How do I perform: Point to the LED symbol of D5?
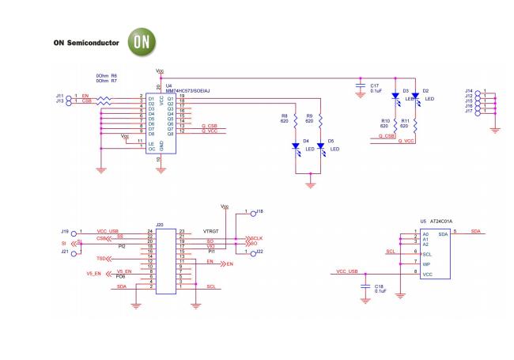320,146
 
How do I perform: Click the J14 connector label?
469,91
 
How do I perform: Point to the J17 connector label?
469,111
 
